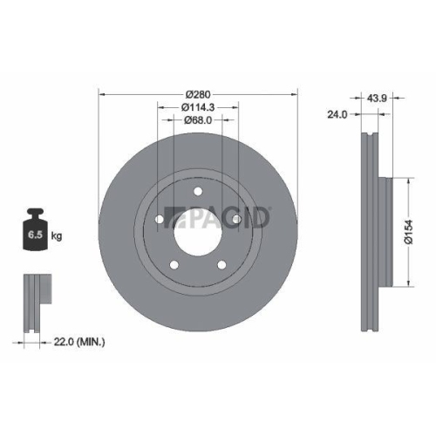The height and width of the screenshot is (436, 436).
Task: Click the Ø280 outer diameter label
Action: pyautogui.click(x=199, y=94)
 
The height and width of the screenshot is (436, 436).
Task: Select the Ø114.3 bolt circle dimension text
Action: pyautogui.click(x=199, y=107)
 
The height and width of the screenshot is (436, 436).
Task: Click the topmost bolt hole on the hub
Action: pyautogui.click(x=198, y=192)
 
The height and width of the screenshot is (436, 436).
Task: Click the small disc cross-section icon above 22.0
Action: pyautogui.click(x=33, y=302)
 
